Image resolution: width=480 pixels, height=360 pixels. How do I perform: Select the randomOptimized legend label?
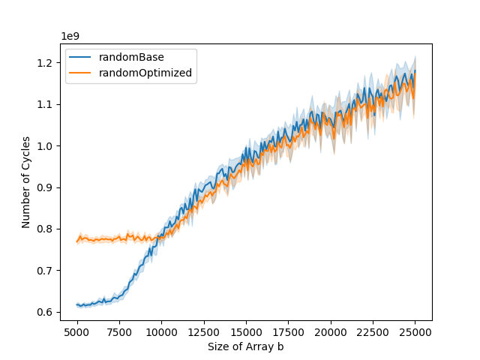coord(150,73)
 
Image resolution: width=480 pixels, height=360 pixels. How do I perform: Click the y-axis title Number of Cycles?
coord(25,182)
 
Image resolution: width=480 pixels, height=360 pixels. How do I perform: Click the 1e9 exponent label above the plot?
coord(70,36)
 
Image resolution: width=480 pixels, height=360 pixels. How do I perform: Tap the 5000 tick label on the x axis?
coord(77,330)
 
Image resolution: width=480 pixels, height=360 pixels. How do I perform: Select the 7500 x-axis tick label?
coord(119,330)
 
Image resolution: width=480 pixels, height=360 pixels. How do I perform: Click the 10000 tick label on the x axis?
coord(161,330)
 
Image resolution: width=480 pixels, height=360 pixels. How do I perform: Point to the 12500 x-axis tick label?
coord(204,330)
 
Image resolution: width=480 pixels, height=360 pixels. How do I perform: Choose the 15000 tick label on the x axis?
coord(246,330)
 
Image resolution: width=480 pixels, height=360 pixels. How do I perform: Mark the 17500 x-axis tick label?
coord(289,330)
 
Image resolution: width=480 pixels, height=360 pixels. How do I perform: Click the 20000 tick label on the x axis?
coord(331,330)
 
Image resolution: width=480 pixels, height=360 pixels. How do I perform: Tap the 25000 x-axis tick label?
coord(415,330)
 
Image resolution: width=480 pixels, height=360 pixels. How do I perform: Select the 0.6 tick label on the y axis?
coord(47,312)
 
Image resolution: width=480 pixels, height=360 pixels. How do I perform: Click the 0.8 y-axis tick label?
coord(47,229)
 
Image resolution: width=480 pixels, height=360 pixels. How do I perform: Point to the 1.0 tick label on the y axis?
coord(47,145)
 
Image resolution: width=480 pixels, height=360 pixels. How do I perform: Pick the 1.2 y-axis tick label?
coord(47,62)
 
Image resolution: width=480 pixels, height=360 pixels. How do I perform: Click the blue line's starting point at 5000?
coord(77,304)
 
